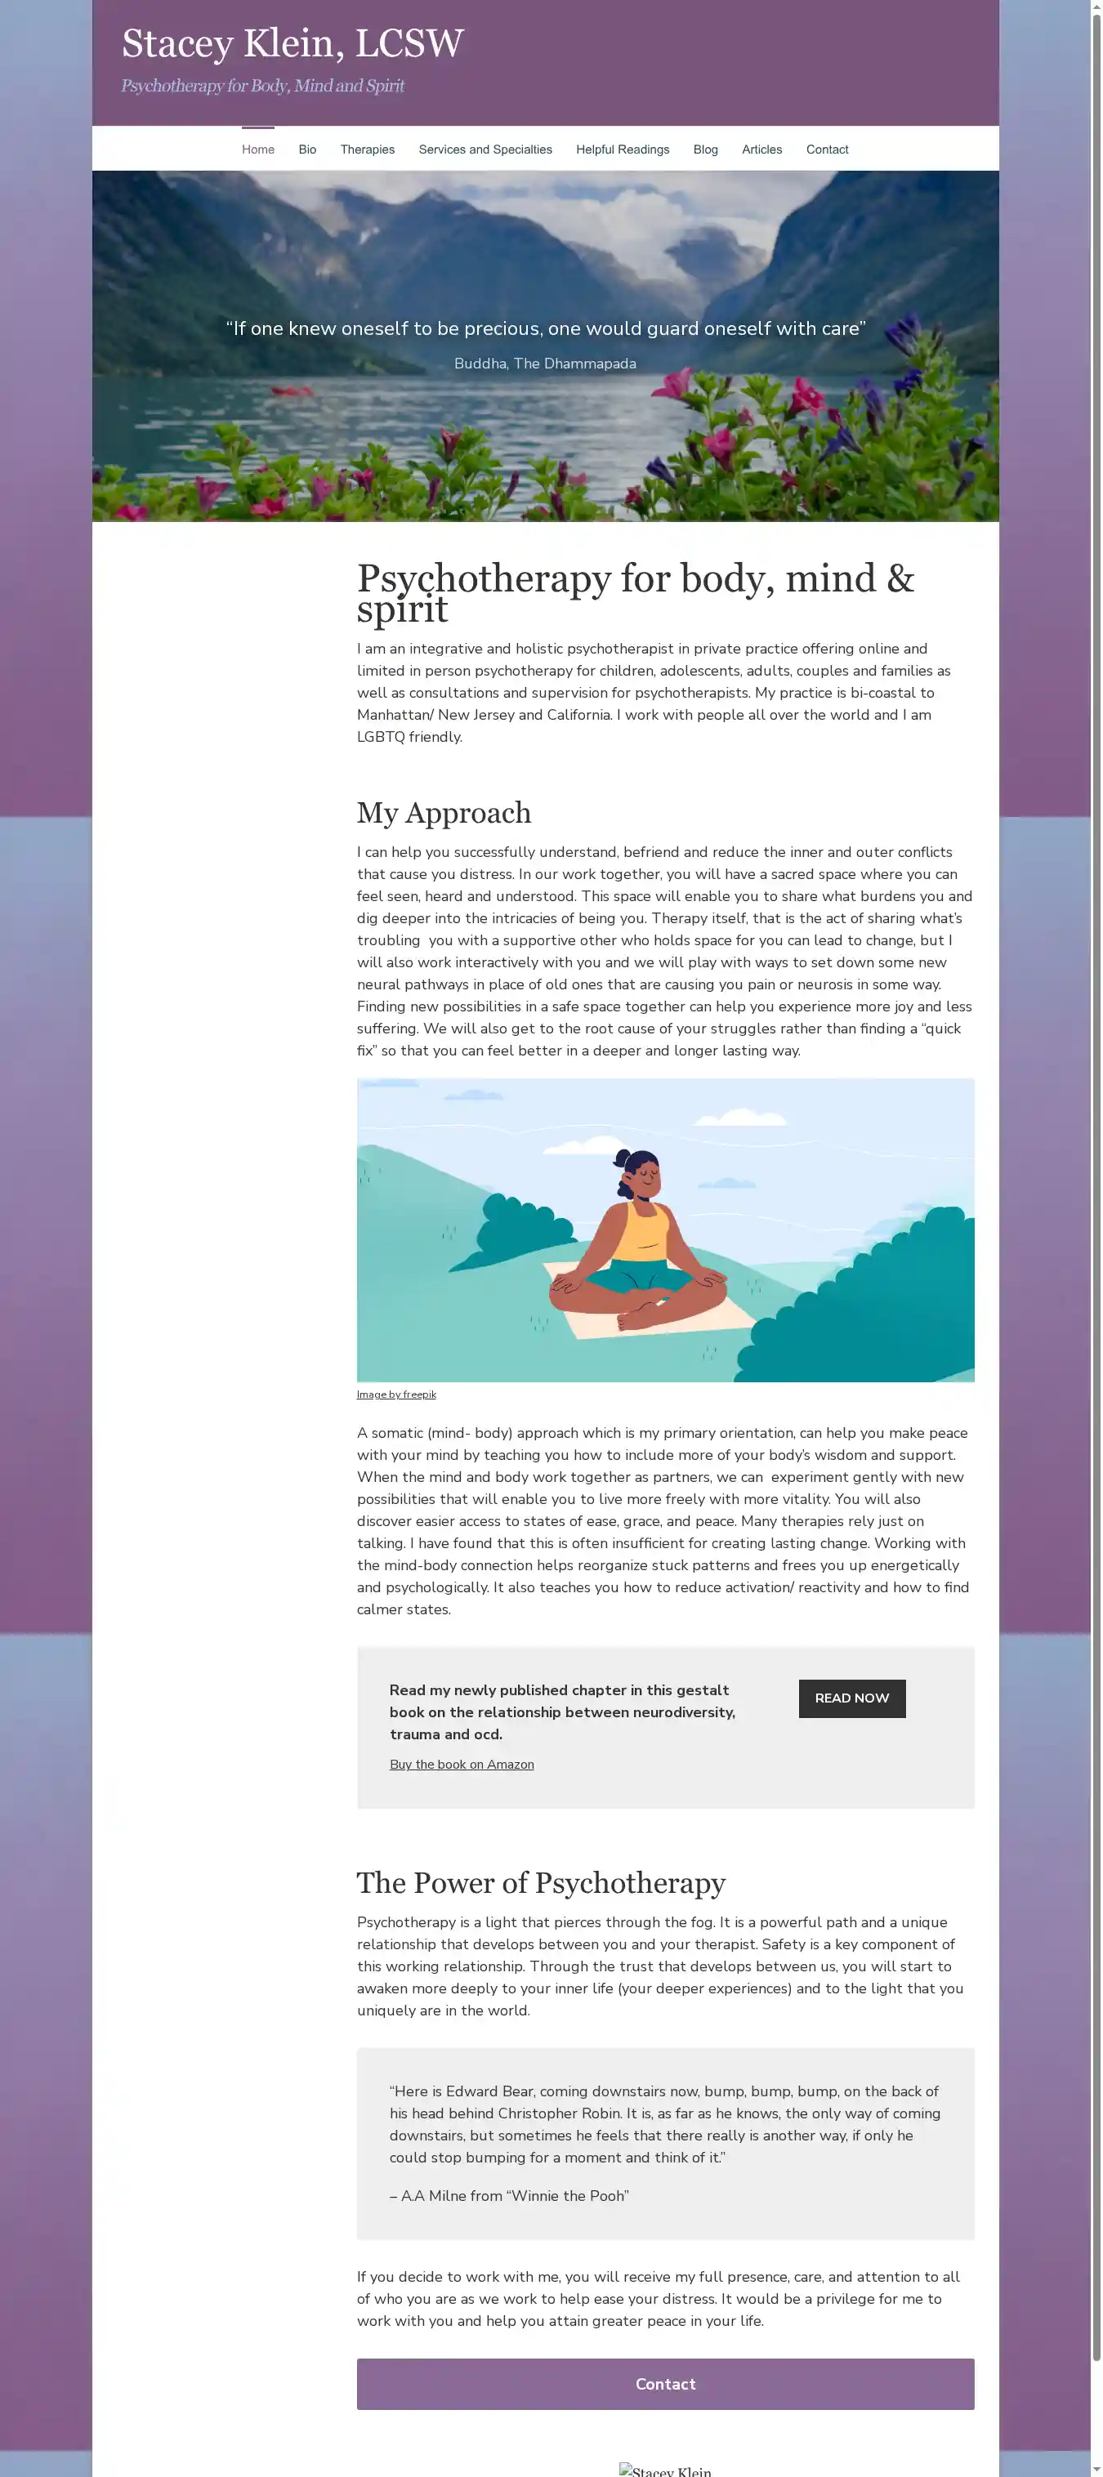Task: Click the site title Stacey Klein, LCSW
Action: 292,43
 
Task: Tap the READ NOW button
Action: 851,1698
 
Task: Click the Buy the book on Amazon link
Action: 462,1765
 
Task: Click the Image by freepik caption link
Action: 396,1395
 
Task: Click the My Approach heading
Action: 444,813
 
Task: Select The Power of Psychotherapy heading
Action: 540,1883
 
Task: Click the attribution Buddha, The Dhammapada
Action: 544,364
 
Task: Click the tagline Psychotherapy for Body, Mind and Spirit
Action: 262,87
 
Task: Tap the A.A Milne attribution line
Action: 509,2195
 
